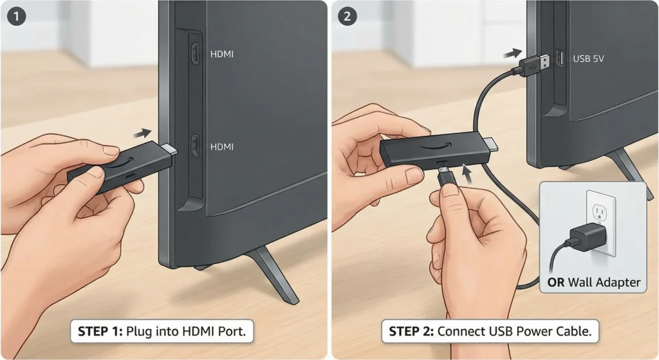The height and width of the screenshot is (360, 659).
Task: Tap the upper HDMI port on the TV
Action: pos(195,54)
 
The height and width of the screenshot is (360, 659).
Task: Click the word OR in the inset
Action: pos(556,282)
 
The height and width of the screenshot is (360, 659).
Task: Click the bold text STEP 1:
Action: pos(100,332)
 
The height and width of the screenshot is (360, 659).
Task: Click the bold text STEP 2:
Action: pos(412,332)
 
